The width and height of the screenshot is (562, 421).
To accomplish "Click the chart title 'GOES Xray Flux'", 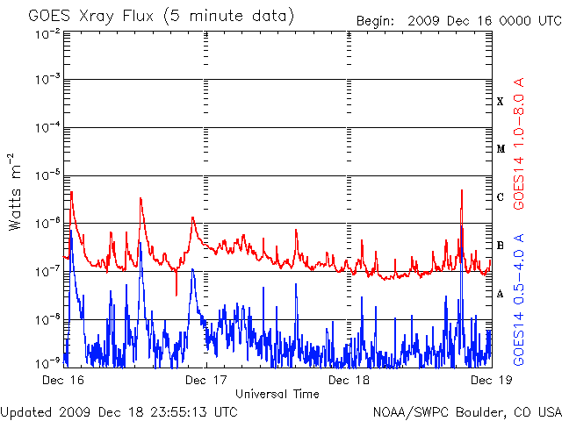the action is click(x=91, y=17).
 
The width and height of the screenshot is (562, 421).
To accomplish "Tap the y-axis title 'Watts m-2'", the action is click(x=15, y=192).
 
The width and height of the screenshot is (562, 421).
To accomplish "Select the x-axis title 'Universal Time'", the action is click(x=277, y=394).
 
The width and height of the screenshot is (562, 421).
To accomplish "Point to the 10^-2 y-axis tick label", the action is click(x=47, y=35).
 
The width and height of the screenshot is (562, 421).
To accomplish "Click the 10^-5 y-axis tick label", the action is click(x=47, y=175).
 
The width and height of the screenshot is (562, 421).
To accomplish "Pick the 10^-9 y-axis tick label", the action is click(x=47, y=364).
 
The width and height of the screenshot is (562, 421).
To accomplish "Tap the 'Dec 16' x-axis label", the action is click(x=63, y=380).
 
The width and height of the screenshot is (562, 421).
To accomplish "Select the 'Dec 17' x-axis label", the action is click(x=206, y=380).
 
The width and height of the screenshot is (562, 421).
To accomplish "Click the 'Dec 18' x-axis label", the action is click(x=349, y=380).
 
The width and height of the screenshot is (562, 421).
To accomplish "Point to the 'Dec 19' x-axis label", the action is click(x=492, y=380).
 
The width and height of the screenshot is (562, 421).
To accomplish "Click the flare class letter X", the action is click(x=501, y=102).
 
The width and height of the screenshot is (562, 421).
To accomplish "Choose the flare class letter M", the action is click(x=501, y=149).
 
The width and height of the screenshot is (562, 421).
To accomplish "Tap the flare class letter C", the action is click(x=501, y=196).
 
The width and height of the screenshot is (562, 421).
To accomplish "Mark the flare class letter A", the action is click(x=501, y=294).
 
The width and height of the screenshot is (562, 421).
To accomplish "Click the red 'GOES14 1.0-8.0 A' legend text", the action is click(x=519, y=143).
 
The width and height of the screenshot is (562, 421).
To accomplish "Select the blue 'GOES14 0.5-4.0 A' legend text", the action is click(x=519, y=300).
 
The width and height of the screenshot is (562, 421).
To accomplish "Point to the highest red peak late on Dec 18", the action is click(x=462, y=190).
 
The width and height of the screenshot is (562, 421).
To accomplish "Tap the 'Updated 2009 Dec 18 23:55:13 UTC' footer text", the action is click(x=119, y=412).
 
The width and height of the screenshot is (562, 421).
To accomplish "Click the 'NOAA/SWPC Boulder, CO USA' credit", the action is click(x=467, y=412).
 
